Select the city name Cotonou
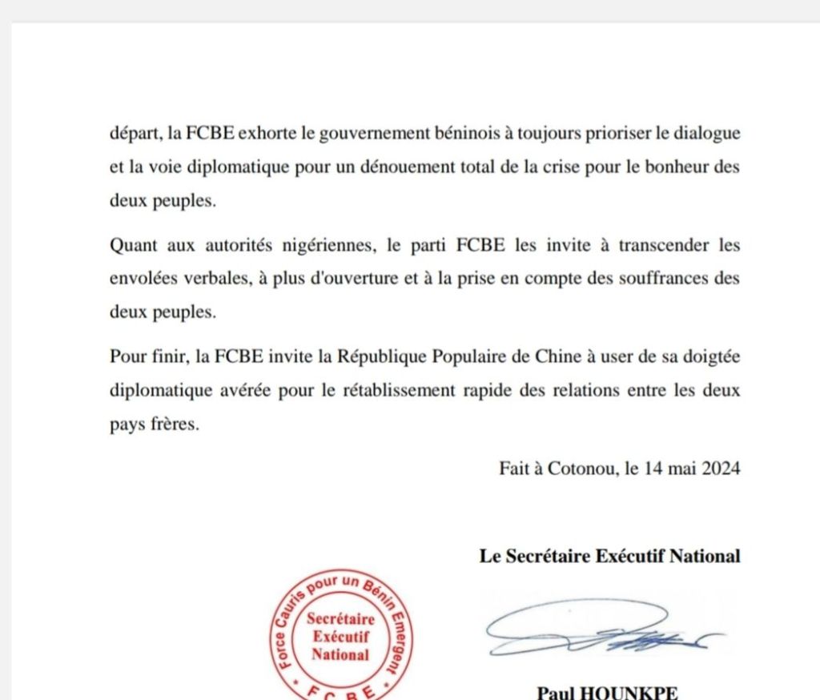581,469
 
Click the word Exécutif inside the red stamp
340,637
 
